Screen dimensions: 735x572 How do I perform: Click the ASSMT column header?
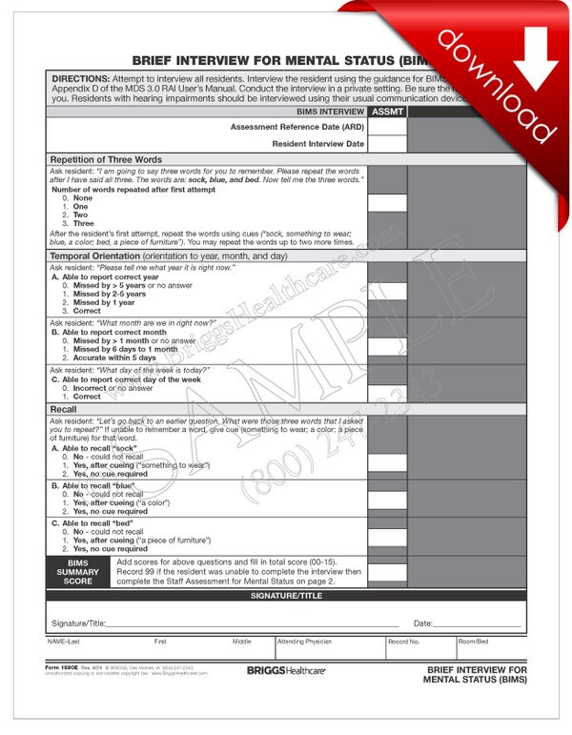386,112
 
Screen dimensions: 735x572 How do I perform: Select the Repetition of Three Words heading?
106,159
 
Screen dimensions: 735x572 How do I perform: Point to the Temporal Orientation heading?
167,255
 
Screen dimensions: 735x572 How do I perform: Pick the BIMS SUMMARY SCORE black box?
78,573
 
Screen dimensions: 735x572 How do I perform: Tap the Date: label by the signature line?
423,623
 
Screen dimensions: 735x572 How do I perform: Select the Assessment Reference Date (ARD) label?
296,127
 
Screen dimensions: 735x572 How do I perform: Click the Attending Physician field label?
303,642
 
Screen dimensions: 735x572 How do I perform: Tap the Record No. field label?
402,642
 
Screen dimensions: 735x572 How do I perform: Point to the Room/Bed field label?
473,642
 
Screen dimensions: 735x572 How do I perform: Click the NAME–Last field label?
66,642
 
